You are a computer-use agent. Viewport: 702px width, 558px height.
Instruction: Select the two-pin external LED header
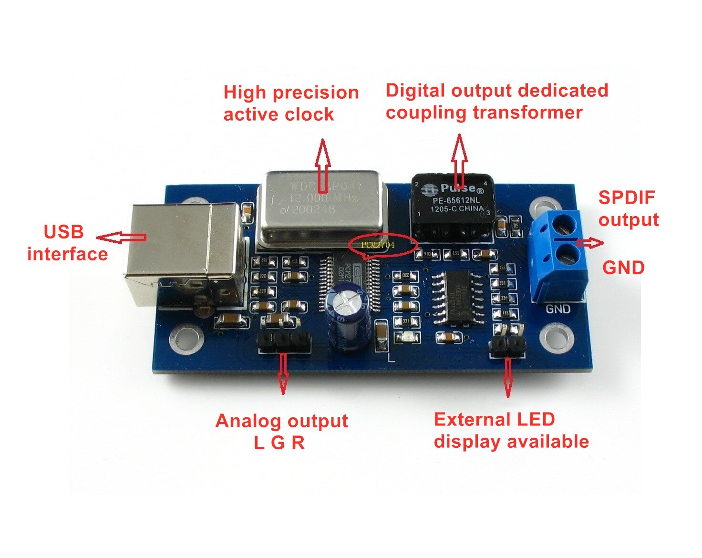tap(507, 346)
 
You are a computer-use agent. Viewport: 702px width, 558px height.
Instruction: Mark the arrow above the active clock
tap(323, 159)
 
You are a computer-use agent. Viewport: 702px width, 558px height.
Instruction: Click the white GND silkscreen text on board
tap(558, 309)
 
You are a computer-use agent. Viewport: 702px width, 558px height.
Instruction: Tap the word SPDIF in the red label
tap(627, 197)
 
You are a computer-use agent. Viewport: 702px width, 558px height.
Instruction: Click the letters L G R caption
tap(279, 443)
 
